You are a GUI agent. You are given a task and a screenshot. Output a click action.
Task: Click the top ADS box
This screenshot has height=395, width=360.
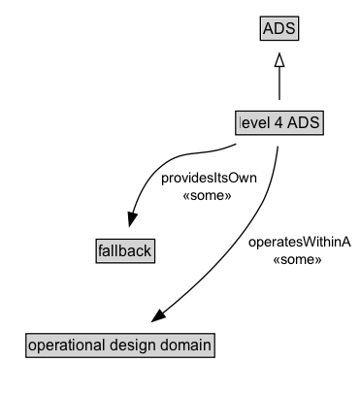click(x=279, y=29)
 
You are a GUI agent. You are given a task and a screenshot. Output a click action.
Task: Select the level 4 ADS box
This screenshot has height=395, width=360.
click(x=279, y=122)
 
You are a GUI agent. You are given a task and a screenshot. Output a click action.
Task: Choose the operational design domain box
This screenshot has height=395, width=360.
click(x=119, y=344)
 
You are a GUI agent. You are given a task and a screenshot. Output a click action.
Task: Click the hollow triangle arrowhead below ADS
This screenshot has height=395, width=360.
click(x=279, y=60)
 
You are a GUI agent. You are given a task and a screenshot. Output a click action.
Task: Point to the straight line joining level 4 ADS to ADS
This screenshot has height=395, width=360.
click(x=279, y=87)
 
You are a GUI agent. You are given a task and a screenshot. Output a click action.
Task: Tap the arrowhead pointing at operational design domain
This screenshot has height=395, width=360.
click(x=161, y=315)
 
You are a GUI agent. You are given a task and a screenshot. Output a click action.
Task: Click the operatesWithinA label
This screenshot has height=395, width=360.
click(x=306, y=244)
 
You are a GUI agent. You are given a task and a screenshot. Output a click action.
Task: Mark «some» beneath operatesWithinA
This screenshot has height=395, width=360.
click(x=306, y=260)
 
